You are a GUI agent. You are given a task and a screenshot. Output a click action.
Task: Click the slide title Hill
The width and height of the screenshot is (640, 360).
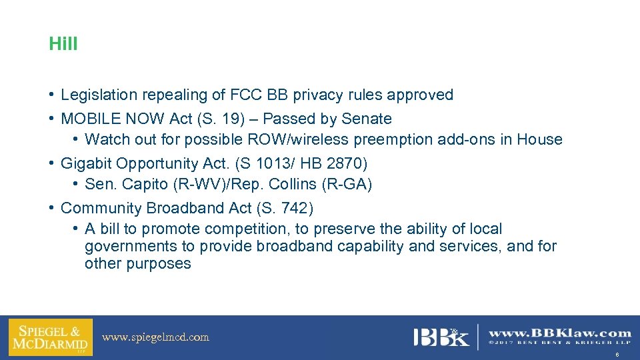(x=63, y=45)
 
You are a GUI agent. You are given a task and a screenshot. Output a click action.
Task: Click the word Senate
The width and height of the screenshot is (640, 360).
(x=366, y=119)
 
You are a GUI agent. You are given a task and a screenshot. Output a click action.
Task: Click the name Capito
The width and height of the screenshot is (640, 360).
(x=140, y=185)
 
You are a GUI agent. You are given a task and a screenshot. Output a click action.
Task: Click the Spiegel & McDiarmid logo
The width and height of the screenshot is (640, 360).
(x=51, y=337)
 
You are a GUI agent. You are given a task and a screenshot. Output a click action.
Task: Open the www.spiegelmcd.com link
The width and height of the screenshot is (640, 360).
(x=155, y=337)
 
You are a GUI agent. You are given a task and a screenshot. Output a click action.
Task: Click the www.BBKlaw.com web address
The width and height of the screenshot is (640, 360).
(x=559, y=333)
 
